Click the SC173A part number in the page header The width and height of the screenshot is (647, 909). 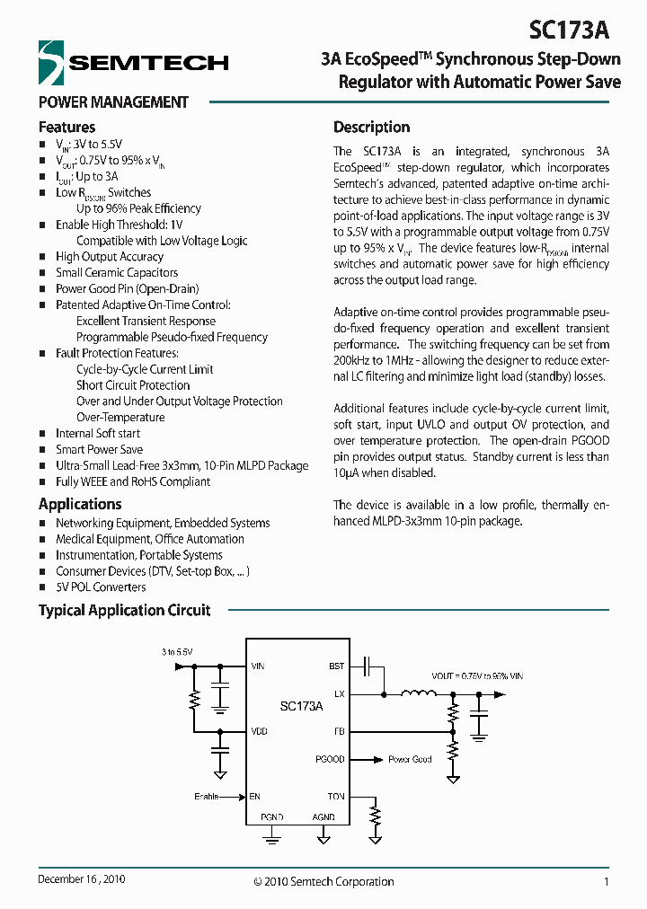tap(569, 30)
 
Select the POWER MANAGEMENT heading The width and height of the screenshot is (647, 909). tap(113, 102)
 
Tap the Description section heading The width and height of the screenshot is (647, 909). tap(371, 128)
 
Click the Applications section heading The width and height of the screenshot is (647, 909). tap(80, 505)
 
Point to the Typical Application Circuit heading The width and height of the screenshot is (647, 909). tap(124, 611)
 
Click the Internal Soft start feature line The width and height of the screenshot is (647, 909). tap(98, 434)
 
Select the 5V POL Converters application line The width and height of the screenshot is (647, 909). tap(101, 587)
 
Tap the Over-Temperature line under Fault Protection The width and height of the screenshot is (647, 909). tap(120, 418)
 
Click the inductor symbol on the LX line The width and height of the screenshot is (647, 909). tap(418, 693)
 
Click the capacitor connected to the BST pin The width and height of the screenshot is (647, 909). tap(366, 666)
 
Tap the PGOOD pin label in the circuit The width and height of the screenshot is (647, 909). tap(331, 760)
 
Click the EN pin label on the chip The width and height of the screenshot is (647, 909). tap(255, 797)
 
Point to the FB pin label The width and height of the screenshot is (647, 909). tap(339, 731)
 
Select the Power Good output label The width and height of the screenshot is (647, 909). tap(410, 760)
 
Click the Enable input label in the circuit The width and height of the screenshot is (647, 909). tap(207, 797)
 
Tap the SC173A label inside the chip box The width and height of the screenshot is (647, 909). tap(301, 707)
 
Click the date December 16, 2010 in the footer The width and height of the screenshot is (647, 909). tap(81, 880)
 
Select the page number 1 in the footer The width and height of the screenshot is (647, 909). tap(607, 882)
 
